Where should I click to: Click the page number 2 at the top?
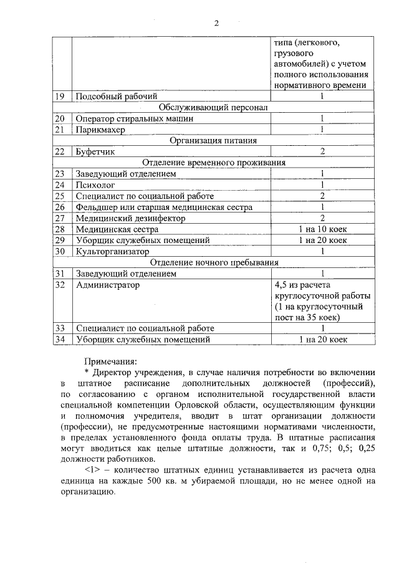pyautogui.click(x=216, y=24)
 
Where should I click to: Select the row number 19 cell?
pyautogui.click(x=60, y=96)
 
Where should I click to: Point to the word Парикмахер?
pyautogui.click(x=100, y=130)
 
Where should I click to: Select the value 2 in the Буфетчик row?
pyautogui.click(x=322, y=151)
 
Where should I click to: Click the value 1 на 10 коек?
pyautogui.click(x=322, y=229)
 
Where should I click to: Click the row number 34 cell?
pyautogui.click(x=60, y=340)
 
